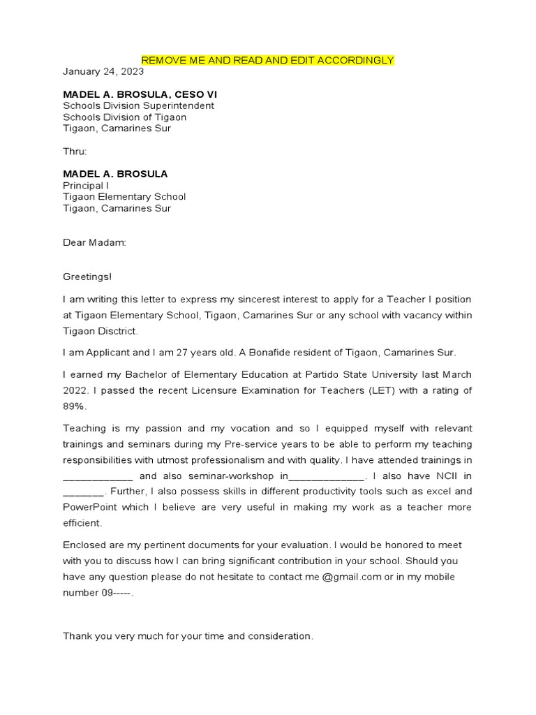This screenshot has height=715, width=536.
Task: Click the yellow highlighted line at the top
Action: pos(268,60)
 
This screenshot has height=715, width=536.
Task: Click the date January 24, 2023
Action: pos(103,71)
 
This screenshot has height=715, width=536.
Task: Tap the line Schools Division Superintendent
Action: pos(138,105)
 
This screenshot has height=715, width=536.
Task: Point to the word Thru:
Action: pos(75,151)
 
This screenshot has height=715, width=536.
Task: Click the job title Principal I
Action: pos(86,186)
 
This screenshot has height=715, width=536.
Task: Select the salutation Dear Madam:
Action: pos(95,242)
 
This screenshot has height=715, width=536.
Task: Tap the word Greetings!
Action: pos(87,277)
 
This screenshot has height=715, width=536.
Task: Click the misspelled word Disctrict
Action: pos(117,331)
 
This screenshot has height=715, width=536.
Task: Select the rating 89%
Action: pos(73,406)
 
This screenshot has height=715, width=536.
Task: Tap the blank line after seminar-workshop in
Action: pos(326,476)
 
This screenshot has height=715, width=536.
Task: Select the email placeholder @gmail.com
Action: pos(355,577)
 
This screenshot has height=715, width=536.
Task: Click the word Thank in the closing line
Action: pos(77,636)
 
